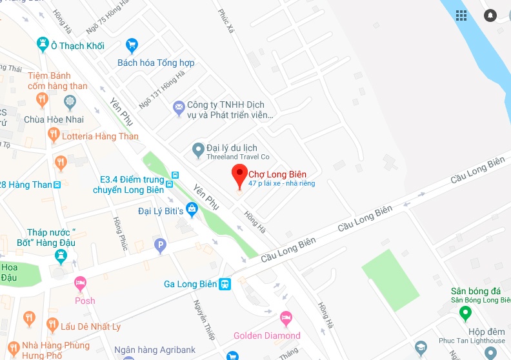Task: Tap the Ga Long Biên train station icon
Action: click(225, 284)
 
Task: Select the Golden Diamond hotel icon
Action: click(286, 317)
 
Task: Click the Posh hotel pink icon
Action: click(80, 283)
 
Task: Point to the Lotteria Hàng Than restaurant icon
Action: click(54, 135)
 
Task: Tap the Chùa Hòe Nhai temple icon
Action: click(70, 102)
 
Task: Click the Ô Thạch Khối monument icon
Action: click(43, 45)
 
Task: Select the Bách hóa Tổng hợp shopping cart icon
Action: click(132, 45)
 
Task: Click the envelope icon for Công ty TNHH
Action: click(179, 108)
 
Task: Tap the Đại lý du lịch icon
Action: click(199, 150)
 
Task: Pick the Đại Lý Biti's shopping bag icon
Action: click(192, 209)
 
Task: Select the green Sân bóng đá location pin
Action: click(465, 314)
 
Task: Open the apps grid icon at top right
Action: click(461, 15)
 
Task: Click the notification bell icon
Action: click(491, 15)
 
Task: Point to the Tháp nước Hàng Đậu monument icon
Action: click(61, 255)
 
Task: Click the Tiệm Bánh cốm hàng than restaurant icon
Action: click(43, 98)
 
